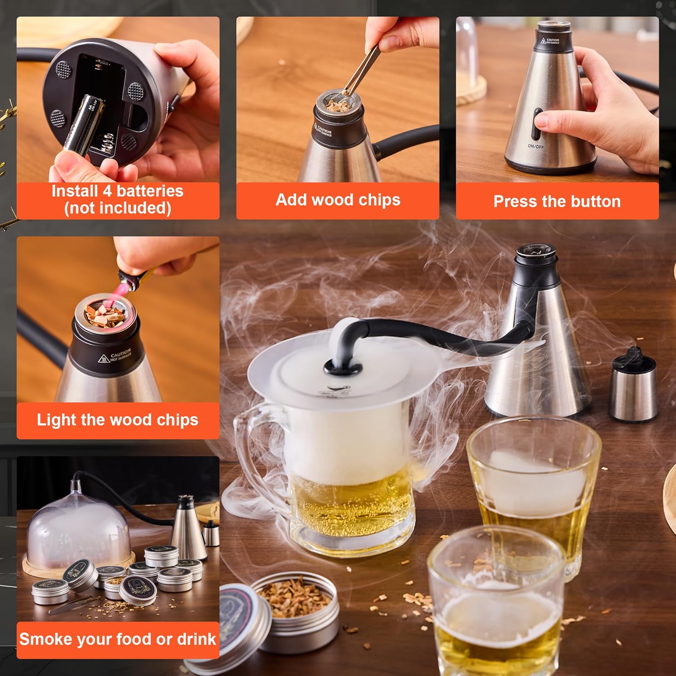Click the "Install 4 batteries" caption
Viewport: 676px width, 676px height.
coord(118,200)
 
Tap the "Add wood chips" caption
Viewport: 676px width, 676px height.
coord(338,200)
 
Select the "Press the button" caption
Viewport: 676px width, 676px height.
coord(557,201)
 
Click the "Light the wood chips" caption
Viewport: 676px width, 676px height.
coord(118,420)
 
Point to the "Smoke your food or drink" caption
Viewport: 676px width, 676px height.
coord(118,639)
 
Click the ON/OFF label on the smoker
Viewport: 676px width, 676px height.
coord(536,146)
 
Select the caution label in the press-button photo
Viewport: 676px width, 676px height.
coord(550,41)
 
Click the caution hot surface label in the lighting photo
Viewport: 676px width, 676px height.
coord(115,356)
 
